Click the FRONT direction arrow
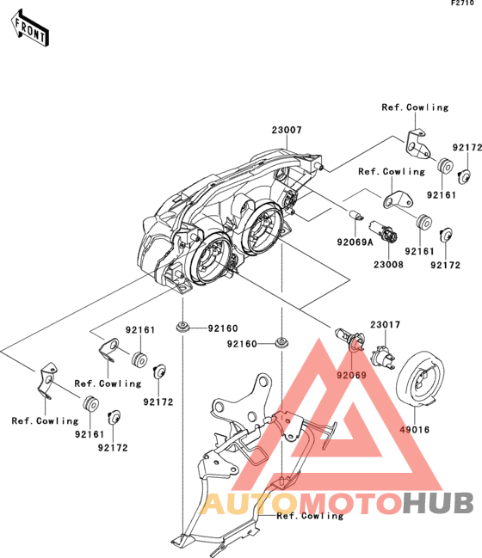click(29, 28)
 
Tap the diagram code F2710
click(462, 3)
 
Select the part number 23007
click(287, 130)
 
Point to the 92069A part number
click(355, 242)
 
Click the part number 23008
click(388, 265)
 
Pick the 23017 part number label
click(385, 324)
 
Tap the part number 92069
click(352, 375)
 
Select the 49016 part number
click(414, 430)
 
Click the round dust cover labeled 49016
click(420, 378)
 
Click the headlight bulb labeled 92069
click(349, 339)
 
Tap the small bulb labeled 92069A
click(355, 215)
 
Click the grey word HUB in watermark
click(439, 503)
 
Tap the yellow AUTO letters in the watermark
click(249, 503)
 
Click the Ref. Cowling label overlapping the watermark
click(310, 516)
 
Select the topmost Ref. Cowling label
click(415, 107)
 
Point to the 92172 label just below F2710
click(467, 147)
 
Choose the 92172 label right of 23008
click(445, 265)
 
